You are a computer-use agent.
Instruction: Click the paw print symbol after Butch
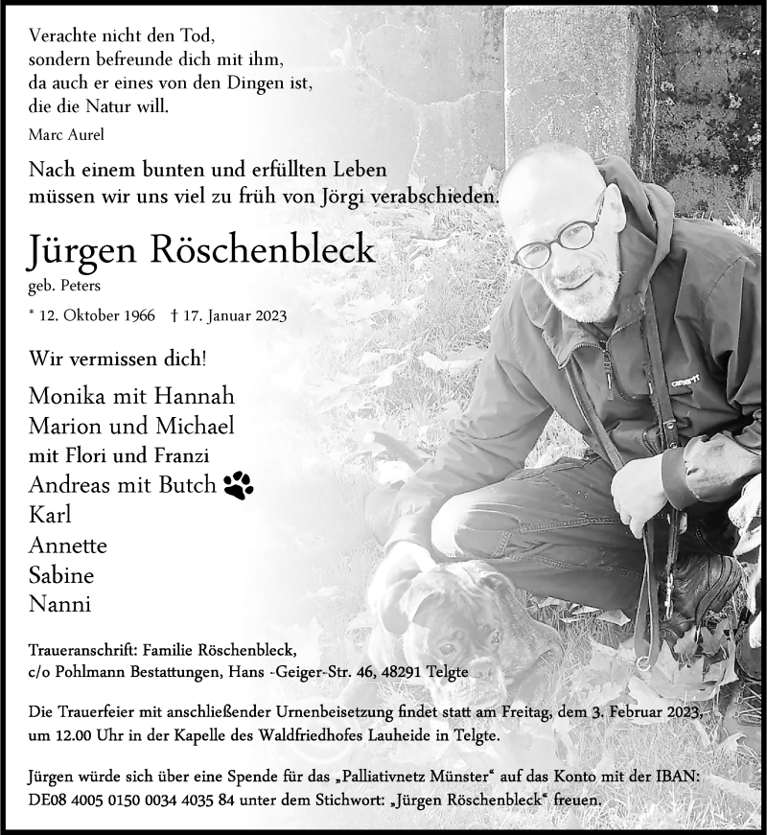click(239, 486)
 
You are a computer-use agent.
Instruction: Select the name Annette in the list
click(68, 545)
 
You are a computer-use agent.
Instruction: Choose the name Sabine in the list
click(61, 575)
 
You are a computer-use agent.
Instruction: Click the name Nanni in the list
click(59, 605)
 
